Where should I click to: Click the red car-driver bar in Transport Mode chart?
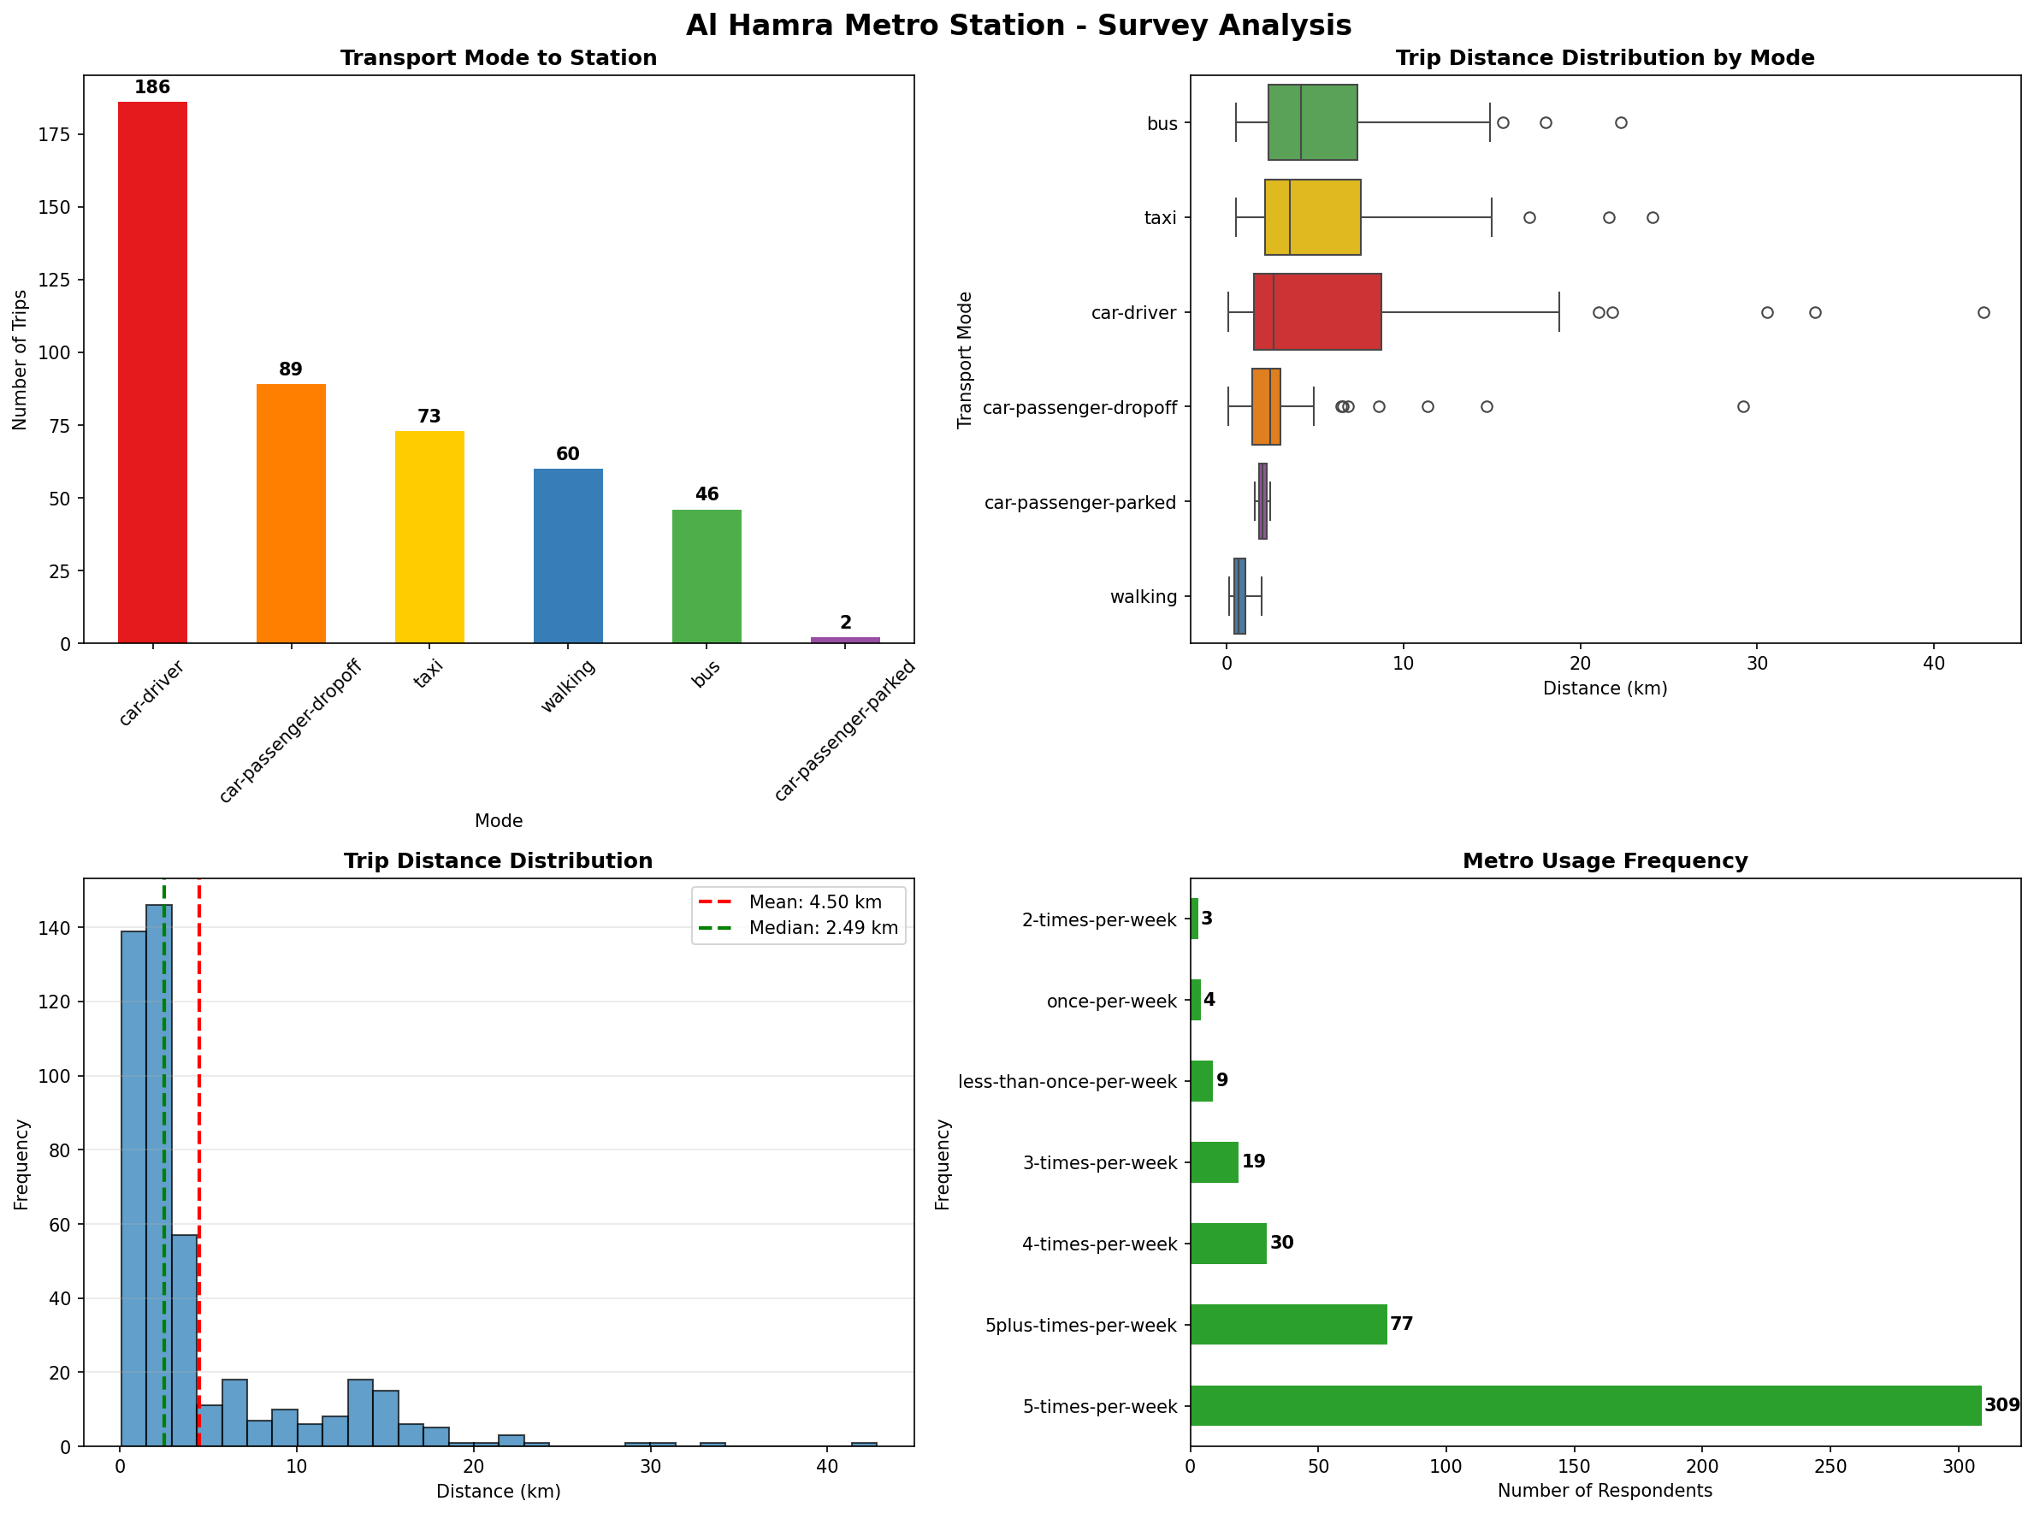pos(152,372)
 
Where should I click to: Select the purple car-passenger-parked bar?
pos(844,639)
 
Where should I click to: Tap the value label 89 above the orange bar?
pos(290,369)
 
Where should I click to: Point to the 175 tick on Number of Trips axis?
pos(53,134)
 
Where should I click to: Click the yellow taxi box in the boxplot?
pos(1312,217)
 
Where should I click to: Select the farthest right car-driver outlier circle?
pos(1983,312)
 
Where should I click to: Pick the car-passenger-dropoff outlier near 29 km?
pos(1743,406)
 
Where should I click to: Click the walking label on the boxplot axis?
pos(1143,597)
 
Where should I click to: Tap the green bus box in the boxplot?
pos(1312,122)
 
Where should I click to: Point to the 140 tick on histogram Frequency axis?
pos(53,928)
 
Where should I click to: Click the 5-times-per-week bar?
pos(1584,1406)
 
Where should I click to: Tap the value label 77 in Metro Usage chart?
pos(1401,1324)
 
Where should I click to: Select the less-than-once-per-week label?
pos(1067,1083)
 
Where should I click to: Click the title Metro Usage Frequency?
pos(1605,861)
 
